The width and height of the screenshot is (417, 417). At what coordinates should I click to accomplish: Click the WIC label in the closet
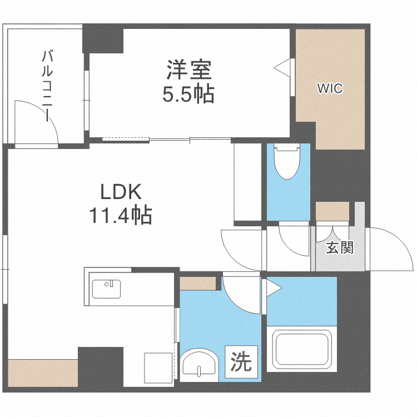point(330,88)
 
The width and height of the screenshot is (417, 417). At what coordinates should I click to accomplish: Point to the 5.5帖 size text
point(188,95)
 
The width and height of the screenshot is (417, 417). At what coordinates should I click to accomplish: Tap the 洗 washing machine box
point(241,363)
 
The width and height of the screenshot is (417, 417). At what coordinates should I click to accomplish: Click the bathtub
point(301,349)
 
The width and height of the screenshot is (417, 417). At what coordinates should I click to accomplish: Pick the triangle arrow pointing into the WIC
point(282,67)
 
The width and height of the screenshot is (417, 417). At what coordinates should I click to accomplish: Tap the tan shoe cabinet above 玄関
point(332,211)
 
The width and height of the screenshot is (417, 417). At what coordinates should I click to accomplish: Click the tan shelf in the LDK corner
point(43,372)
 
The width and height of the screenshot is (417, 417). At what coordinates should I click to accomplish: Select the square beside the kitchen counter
point(156,366)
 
